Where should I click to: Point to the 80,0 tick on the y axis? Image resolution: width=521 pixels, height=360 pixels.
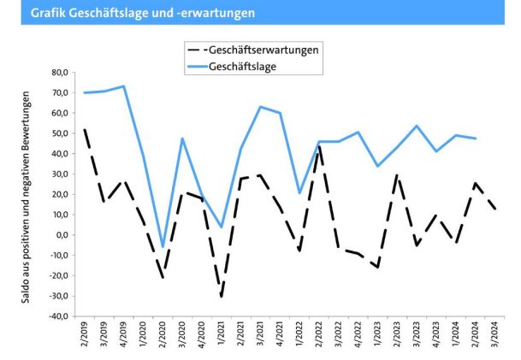pyautogui.click(x=59, y=72)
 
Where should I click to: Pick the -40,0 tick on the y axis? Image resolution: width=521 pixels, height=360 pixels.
pyautogui.click(x=57, y=316)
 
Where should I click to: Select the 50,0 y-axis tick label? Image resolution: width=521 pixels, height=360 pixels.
pyautogui.click(x=59, y=133)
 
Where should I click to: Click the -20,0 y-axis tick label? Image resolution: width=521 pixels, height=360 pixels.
pyautogui.click(x=57, y=276)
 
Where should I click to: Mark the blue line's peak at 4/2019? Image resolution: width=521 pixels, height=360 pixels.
pyautogui.click(x=124, y=86)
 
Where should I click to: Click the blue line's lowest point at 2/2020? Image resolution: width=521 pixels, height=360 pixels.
pyautogui.click(x=163, y=247)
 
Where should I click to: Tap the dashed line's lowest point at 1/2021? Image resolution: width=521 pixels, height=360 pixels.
pyautogui.click(x=221, y=296)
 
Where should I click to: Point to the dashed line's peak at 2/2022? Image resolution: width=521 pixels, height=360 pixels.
pyautogui.click(x=318, y=147)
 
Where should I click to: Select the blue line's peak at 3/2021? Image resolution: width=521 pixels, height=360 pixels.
pyautogui.click(x=259, y=107)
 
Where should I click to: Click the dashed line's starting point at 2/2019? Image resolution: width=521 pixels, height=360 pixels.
pyautogui.click(x=86, y=130)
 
